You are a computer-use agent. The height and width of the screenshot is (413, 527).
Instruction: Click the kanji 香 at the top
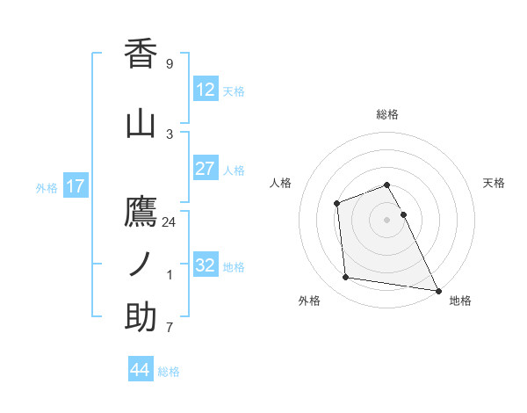pos(141,54)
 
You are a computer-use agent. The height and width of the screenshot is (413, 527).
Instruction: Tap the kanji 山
pos(141,124)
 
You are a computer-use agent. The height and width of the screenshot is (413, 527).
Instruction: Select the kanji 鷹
pos(141,211)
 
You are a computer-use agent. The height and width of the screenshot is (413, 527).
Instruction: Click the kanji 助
pos(141,317)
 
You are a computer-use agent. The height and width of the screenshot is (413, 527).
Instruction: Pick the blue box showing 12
pos(205,90)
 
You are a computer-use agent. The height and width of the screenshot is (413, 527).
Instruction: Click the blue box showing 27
pos(205,169)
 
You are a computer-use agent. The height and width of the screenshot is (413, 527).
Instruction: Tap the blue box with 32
pos(205,265)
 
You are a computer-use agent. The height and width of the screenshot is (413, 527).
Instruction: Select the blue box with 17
pos(76,186)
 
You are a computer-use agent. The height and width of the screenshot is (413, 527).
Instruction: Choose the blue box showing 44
pos(140,370)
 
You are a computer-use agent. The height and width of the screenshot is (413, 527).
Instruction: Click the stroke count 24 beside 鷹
pos(170,221)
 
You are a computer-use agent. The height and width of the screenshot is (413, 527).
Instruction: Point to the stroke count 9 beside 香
pos(170,64)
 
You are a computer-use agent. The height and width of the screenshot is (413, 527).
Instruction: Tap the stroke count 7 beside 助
pos(170,328)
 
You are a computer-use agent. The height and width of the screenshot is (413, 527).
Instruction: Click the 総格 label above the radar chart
pos(387,114)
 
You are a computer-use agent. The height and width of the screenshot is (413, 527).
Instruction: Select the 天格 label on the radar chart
pos(495,183)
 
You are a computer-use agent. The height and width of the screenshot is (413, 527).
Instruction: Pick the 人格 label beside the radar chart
pos(281,183)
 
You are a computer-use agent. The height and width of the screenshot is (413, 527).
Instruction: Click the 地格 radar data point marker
pos(438,290)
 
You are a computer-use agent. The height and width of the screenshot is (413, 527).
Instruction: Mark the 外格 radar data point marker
pos(346,278)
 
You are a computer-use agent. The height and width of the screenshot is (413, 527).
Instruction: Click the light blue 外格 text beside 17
pos(47,187)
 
